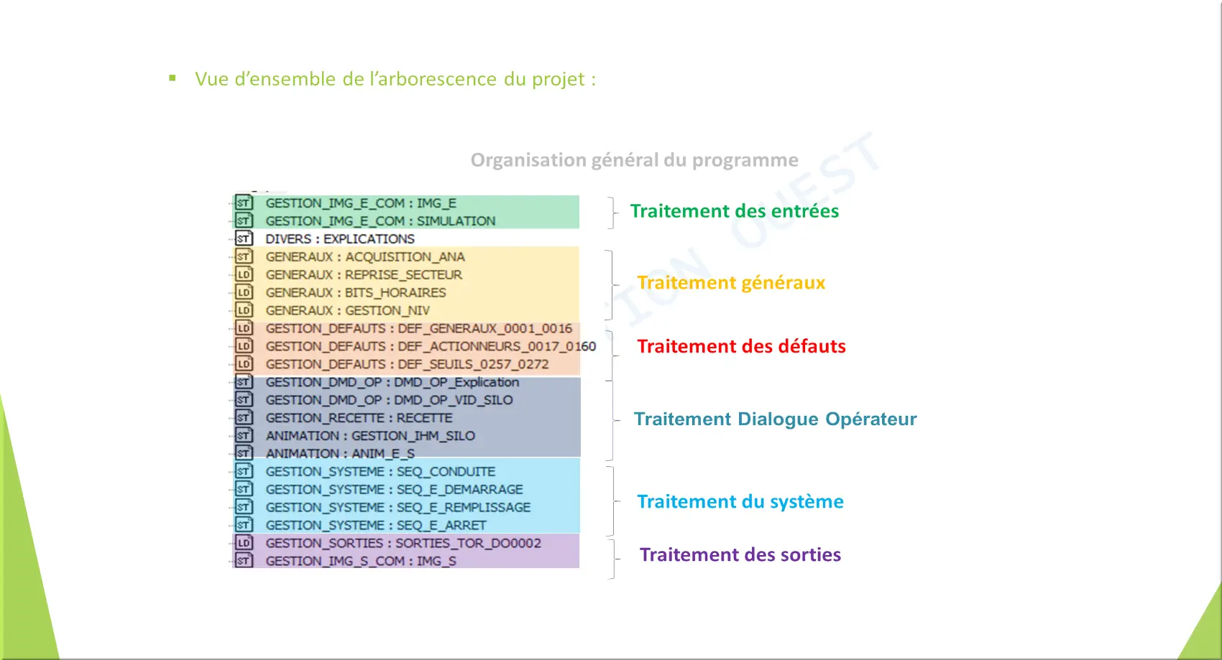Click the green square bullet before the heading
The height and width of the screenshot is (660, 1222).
click(x=173, y=78)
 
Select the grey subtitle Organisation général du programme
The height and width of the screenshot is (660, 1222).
click(x=635, y=160)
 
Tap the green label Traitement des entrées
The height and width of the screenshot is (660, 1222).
click(x=735, y=211)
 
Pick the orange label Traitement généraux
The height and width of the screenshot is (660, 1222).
click(x=731, y=282)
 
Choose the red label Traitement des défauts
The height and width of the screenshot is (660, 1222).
click(x=741, y=346)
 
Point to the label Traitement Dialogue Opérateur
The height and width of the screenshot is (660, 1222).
click(x=775, y=419)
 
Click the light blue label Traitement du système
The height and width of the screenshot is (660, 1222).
click(x=740, y=501)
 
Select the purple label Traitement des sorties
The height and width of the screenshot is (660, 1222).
click(x=740, y=554)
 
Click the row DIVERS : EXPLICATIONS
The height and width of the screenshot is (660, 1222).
click(x=340, y=238)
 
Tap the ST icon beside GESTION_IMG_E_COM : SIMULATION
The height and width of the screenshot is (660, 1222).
click(x=244, y=220)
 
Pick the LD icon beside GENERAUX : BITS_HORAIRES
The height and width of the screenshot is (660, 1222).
click(x=244, y=292)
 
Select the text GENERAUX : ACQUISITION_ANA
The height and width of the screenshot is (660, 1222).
click(x=365, y=256)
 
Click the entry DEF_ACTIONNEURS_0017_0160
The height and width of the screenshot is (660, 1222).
click(x=497, y=346)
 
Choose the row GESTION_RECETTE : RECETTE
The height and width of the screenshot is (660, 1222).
click(x=359, y=418)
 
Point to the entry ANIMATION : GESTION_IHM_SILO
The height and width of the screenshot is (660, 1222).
click(x=370, y=436)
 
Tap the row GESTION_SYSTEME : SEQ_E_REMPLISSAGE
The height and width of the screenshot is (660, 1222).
click(x=398, y=508)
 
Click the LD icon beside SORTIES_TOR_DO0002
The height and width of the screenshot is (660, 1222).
click(x=244, y=543)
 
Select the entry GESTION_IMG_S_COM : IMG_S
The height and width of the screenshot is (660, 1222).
click(x=361, y=561)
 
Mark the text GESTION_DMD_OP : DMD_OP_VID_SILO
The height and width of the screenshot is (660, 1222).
click(x=389, y=400)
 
